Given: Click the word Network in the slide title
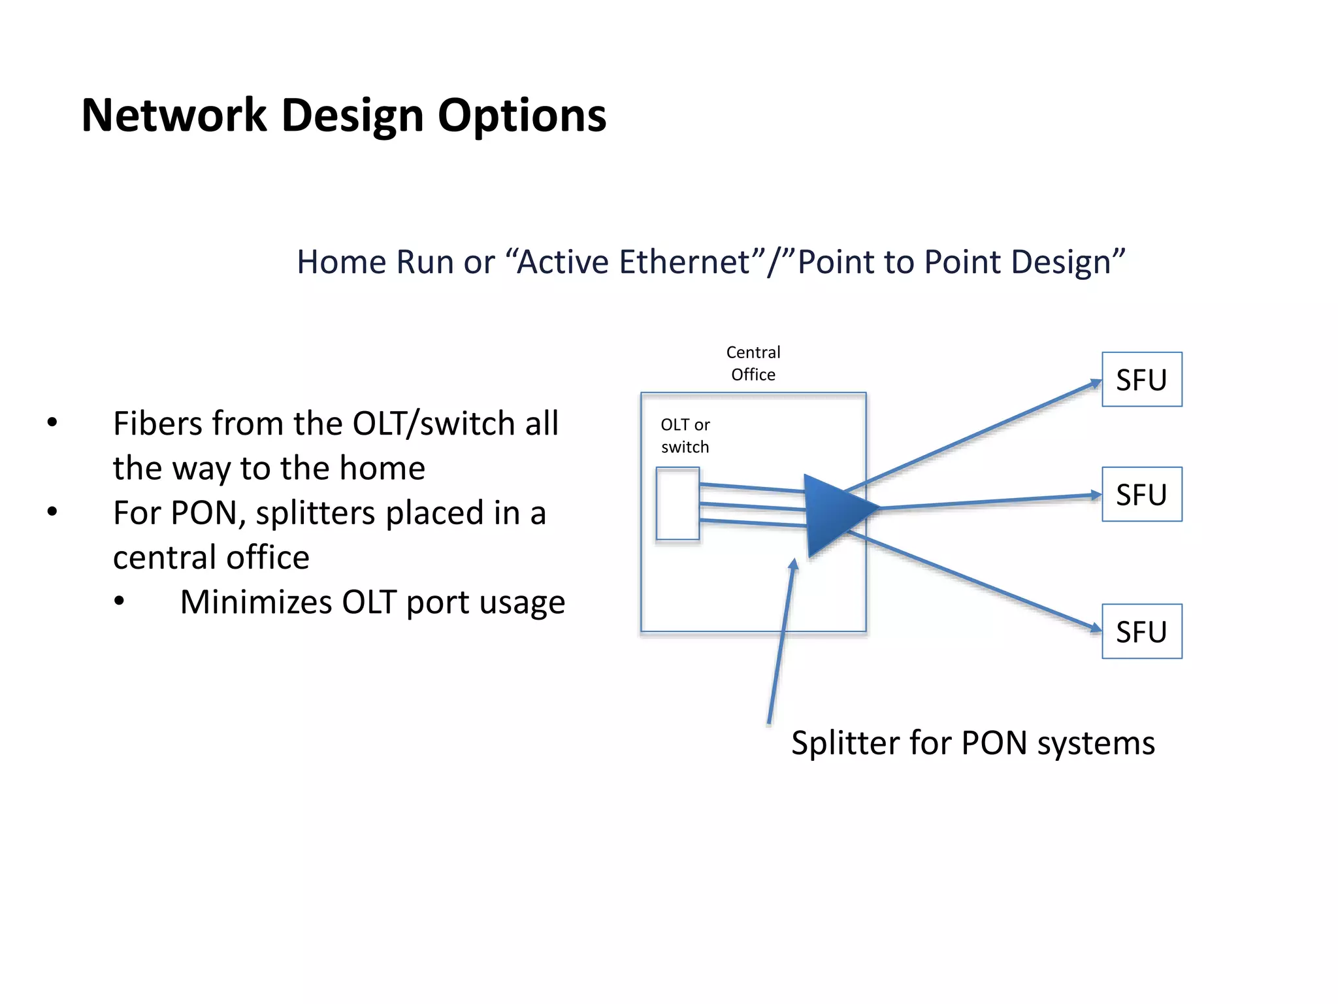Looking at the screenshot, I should click(174, 116).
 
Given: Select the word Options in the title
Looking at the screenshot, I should click(521, 116).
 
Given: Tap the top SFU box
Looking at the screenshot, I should click(1141, 380).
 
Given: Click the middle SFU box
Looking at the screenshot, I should click(1141, 494).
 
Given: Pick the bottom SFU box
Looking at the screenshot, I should click(1141, 631).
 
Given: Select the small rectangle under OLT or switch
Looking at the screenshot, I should click(677, 503).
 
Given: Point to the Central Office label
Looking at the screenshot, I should click(753, 363).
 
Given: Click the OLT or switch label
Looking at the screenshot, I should click(685, 436).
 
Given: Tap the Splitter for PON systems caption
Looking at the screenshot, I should click(973, 743).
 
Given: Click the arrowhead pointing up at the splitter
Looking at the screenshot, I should click(793, 565).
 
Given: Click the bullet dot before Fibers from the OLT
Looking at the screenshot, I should click(52, 423).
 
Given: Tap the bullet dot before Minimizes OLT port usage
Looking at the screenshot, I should click(119, 601).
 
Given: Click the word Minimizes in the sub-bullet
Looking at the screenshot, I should click(255, 602).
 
